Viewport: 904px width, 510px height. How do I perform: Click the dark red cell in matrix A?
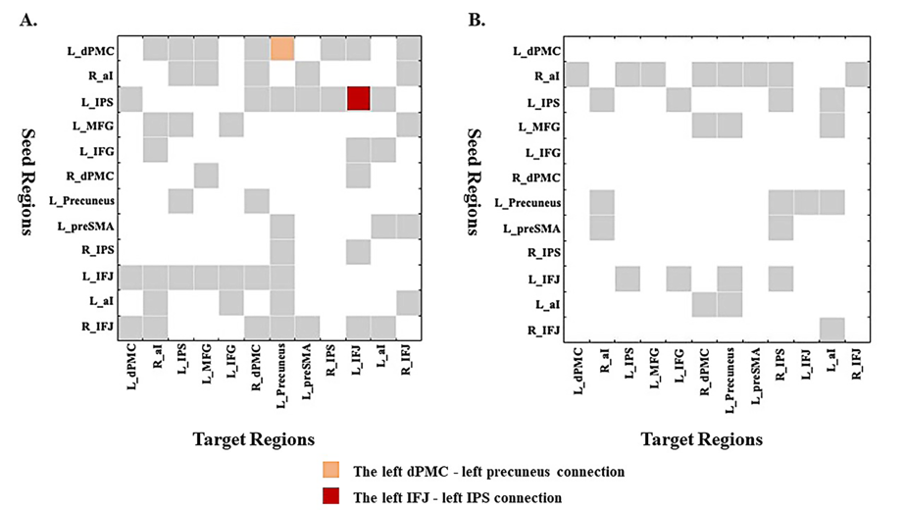tap(358, 99)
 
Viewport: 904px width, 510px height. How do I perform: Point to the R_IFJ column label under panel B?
tap(855, 366)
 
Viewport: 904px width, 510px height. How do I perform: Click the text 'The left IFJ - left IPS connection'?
tap(457, 496)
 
